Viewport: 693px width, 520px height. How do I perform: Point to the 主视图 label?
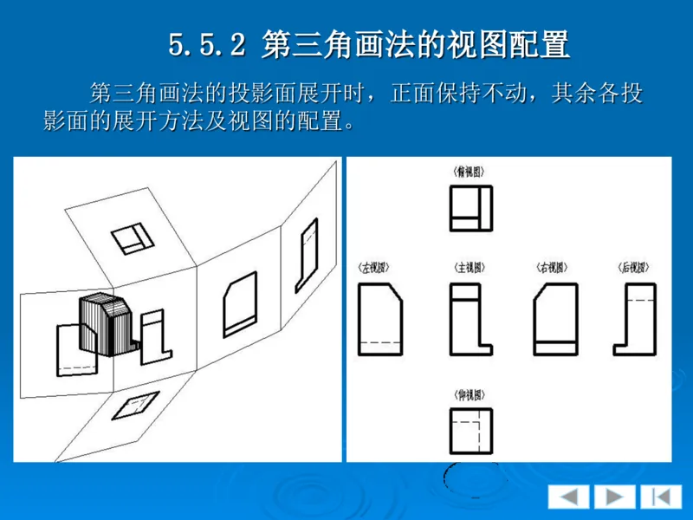[469, 268]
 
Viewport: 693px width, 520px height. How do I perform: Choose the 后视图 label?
[633, 268]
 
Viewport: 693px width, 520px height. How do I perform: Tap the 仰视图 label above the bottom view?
[469, 395]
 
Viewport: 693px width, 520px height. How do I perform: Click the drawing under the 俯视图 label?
[470, 208]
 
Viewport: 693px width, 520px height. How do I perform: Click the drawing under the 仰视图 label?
[470, 430]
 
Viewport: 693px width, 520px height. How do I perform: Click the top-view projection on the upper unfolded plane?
[133, 238]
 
